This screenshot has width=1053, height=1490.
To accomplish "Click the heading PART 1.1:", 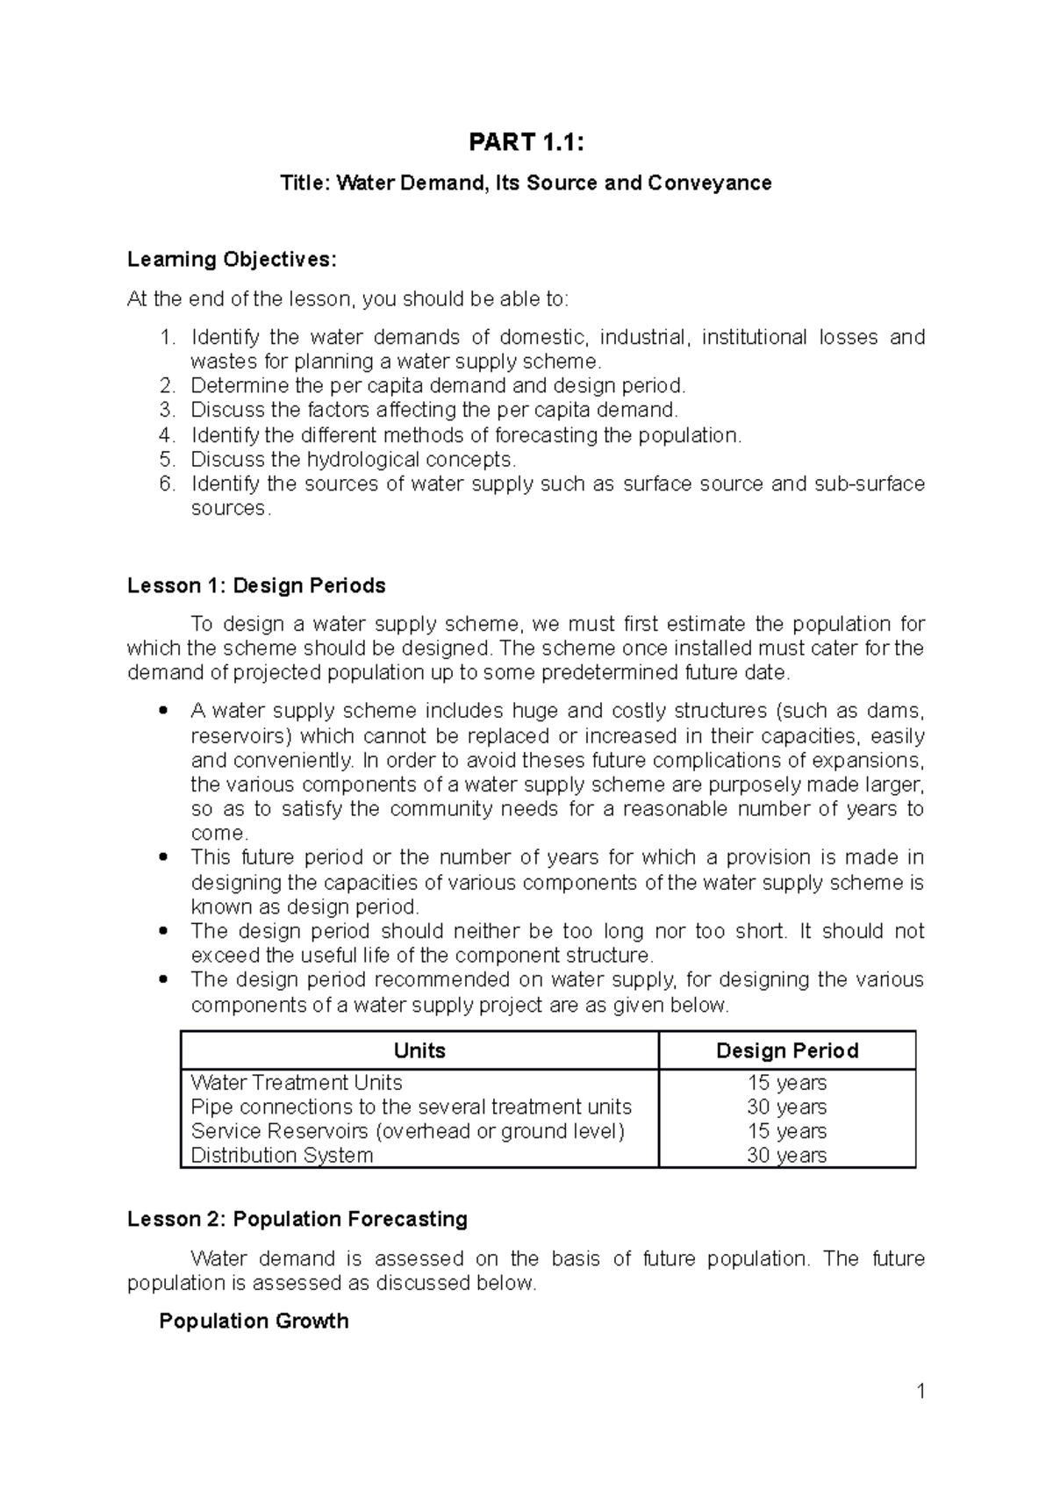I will pyautogui.click(x=526, y=142).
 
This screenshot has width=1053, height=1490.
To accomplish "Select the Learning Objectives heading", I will pyautogui.click(x=231, y=260).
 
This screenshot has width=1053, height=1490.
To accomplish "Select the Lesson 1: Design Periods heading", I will pyautogui.click(x=256, y=586).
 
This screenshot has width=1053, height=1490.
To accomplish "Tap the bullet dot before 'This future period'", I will pyautogui.click(x=160, y=857).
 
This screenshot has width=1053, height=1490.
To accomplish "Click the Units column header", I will pyautogui.click(x=419, y=1051).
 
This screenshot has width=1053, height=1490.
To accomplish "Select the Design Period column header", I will pyautogui.click(x=786, y=1051).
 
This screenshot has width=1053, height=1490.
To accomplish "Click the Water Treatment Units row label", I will pyautogui.click(x=296, y=1083).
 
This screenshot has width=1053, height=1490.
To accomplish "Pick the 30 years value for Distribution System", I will pyautogui.click(x=786, y=1156).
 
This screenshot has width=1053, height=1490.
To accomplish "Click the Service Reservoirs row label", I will pyautogui.click(x=407, y=1131).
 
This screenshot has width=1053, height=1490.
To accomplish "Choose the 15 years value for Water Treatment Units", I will pyautogui.click(x=786, y=1083).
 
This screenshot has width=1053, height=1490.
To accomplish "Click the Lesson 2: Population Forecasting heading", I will pyautogui.click(x=297, y=1220).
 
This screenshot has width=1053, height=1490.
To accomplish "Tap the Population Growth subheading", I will pyautogui.click(x=254, y=1322).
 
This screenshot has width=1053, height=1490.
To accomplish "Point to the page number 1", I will pyautogui.click(x=920, y=1392).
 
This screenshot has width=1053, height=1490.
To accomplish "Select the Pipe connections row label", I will pyautogui.click(x=411, y=1107).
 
